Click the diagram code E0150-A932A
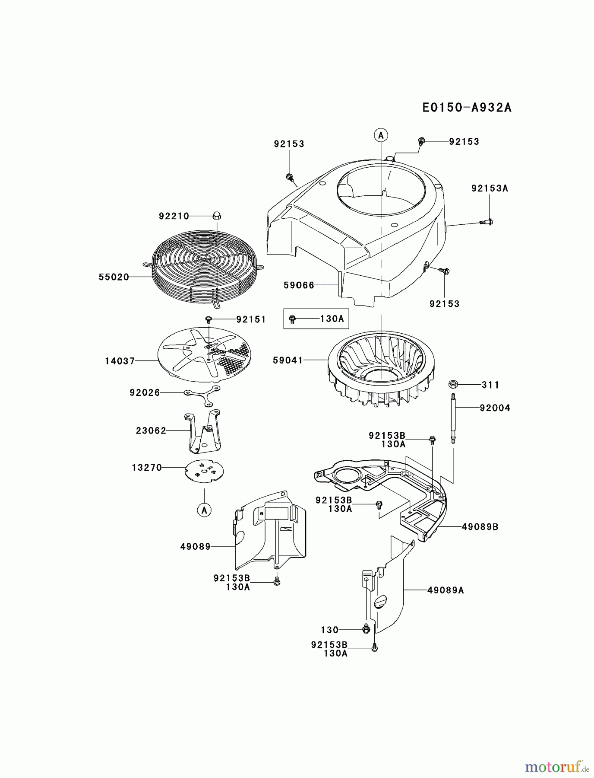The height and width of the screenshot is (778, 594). [x=467, y=107]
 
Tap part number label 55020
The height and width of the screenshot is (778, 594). [x=114, y=277]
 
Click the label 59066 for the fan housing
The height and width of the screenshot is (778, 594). [x=299, y=285]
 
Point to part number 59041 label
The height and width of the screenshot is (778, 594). [x=288, y=360]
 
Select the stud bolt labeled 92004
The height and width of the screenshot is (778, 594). [x=453, y=418]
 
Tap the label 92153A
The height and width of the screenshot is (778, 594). [x=490, y=188]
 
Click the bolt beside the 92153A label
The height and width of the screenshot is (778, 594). [x=487, y=222]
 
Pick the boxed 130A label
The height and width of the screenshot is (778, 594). [x=332, y=319]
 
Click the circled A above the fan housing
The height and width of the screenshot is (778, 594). [x=381, y=135]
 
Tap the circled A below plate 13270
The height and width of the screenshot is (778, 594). [x=204, y=510]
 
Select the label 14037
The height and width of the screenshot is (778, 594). [x=120, y=360]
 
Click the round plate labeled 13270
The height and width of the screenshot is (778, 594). [x=204, y=471]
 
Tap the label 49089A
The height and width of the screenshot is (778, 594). [x=445, y=590]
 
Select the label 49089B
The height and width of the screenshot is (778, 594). [x=480, y=527]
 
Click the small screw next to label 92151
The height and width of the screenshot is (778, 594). [x=209, y=319]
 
